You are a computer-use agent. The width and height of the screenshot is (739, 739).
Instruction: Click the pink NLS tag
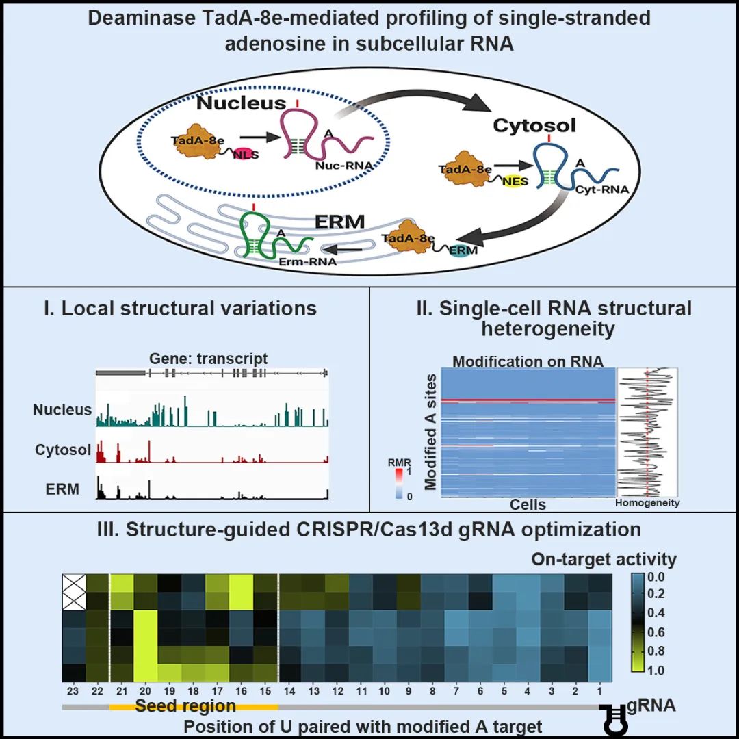(x=246, y=154)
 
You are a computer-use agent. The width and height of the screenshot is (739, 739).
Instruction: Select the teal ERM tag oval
(x=463, y=250)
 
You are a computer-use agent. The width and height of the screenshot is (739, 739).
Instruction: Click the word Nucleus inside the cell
(x=242, y=103)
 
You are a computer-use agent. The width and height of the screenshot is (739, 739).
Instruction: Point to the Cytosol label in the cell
(x=534, y=125)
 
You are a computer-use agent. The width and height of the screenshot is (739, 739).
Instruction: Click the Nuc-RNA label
(x=344, y=166)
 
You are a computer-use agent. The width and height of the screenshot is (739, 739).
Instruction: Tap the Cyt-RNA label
(x=602, y=190)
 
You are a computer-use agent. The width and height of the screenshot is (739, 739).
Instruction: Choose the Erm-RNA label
(x=308, y=261)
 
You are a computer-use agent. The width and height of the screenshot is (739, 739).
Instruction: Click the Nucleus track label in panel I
(x=62, y=410)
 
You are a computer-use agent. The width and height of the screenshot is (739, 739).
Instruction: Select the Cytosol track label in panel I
(x=63, y=450)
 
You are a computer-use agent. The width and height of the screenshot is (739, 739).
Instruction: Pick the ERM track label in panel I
(x=62, y=489)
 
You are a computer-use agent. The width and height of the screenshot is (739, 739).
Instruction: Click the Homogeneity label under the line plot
(x=647, y=503)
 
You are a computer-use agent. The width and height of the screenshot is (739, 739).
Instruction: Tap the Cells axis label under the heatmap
(x=528, y=505)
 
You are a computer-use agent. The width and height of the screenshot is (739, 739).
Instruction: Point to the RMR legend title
(x=399, y=463)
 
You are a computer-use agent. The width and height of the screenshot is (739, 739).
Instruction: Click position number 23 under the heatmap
(x=73, y=691)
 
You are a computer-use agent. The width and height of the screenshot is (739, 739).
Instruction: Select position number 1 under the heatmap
(x=599, y=691)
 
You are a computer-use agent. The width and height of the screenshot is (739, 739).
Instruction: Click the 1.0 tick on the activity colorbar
(x=656, y=670)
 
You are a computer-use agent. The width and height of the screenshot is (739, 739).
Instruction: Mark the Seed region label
(x=185, y=706)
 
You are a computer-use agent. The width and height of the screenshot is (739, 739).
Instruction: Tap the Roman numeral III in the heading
(x=107, y=530)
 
